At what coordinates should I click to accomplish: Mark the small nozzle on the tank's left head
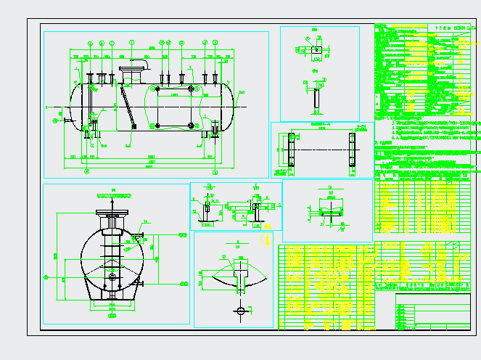(67, 120)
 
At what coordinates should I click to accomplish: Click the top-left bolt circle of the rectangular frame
(158, 89)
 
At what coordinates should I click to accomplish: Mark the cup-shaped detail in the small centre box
(330, 213)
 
